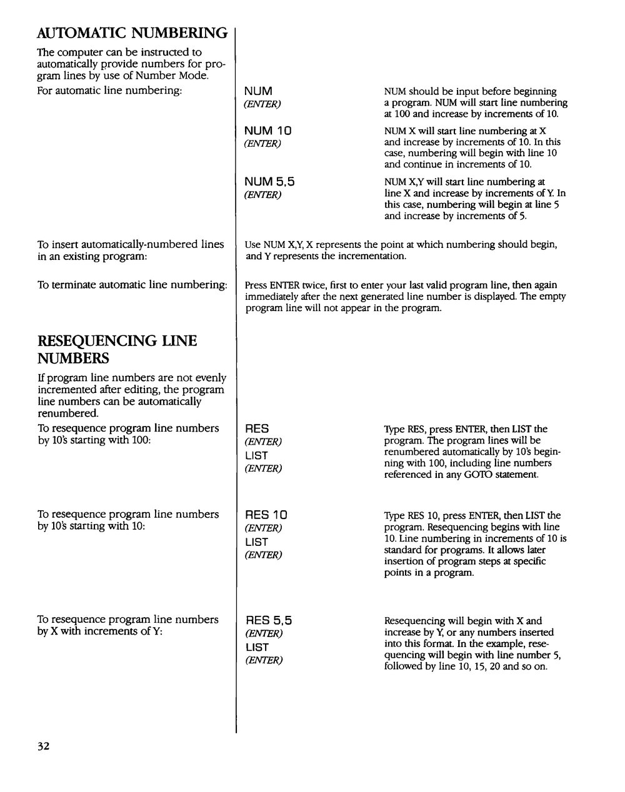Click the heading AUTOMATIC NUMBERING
pos(132,32)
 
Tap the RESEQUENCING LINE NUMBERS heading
pos(117,349)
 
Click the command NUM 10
pos(268,131)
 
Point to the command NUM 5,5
pos(269,182)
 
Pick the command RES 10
pos(266,515)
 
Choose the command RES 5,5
pos(269,621)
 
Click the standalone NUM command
pos(258,92)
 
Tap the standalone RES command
pos(257,429)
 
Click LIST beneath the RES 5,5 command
pos(256,648)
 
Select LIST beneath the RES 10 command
pos(256,542)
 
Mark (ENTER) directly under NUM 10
pos(262,144)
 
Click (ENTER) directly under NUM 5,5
pos(262,195)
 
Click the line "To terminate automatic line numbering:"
pos(132,285)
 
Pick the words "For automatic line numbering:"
pos(109,91)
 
